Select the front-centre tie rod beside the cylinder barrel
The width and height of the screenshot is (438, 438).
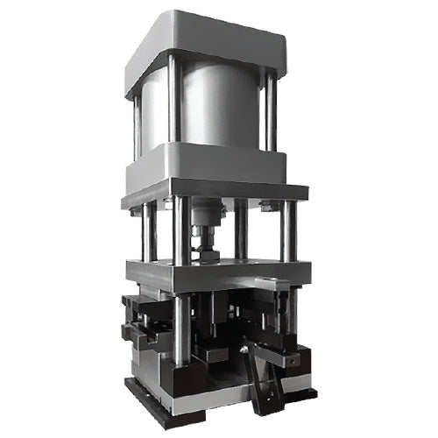[174, 105]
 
